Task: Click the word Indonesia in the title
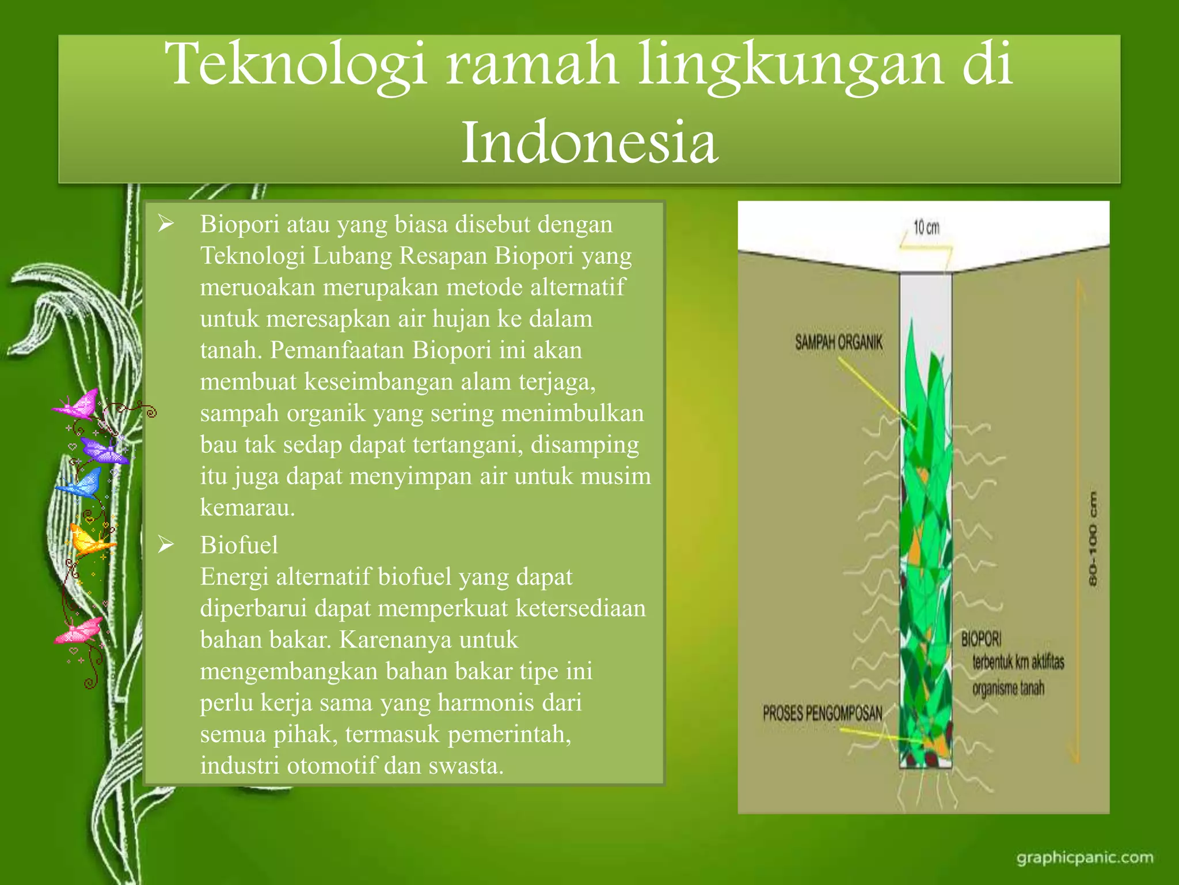pos(589,142)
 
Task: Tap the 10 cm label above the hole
pos(926,228)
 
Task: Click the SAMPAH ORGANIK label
pos(838,343)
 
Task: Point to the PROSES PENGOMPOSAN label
pos(822,714)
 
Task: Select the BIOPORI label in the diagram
pos(981,638)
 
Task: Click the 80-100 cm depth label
pos(1093,539)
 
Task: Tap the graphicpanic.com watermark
pos(1085,858)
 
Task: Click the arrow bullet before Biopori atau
pos(166,224)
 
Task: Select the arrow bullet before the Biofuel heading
pos(166,544)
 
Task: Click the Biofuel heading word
pos(239,545)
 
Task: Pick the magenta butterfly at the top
pos(78,404)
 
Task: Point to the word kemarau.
pos(247,508)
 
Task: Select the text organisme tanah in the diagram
pos(1007,689)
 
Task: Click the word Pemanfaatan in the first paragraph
pos(337,350)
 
